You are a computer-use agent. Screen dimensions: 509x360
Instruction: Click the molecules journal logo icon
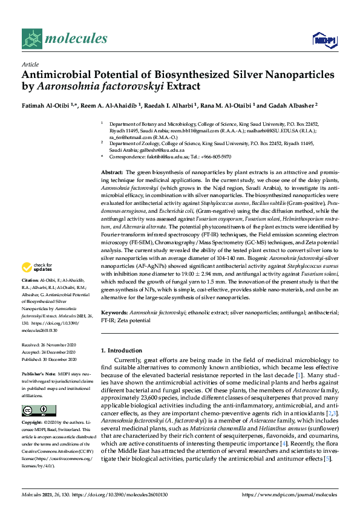pyautogui.click(x=32, y=39)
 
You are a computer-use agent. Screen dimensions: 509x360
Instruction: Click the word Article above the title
pyautogui.click(x=30, y=64)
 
